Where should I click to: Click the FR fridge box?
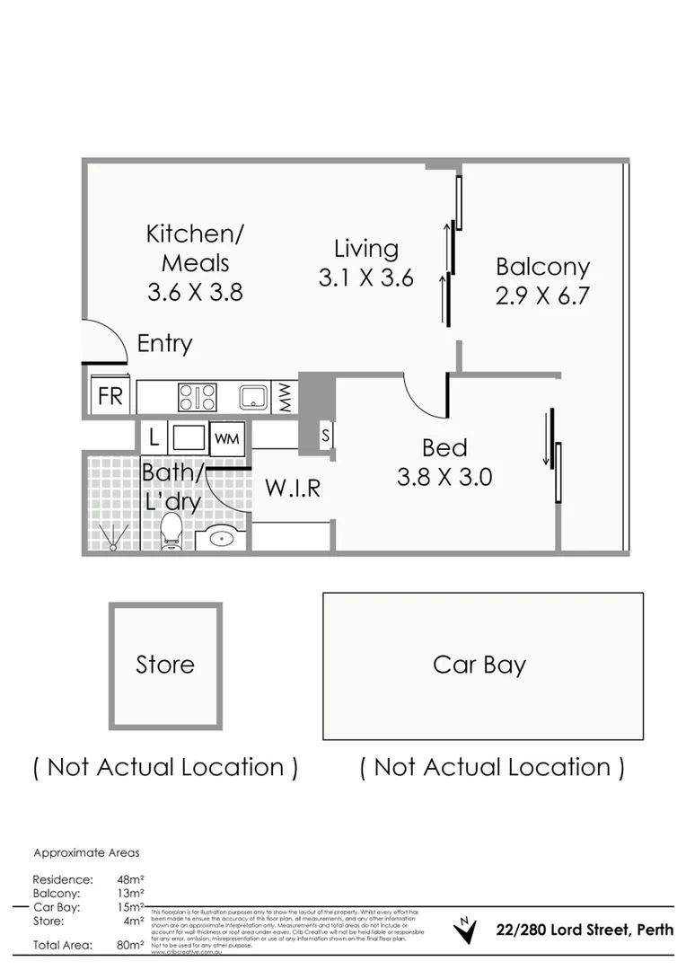(x=110, y=396)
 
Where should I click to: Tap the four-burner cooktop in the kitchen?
(x=197, y=397)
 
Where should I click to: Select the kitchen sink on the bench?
(x=253, y=397)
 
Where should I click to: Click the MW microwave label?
(x=285, y=397)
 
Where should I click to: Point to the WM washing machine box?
(x=226, y=438)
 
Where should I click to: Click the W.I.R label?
(x=292, y=489)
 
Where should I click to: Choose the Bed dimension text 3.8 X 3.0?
(x=444, y=477)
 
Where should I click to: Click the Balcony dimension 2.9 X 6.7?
(x=542, y=295)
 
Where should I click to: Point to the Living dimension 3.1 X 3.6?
(x=365, y=278)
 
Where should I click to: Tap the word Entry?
(x=164, y=343)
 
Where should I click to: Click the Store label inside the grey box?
(x=165, y=665)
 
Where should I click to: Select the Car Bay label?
(x=479, y=665)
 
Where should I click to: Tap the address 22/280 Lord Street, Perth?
(x=585, y=930)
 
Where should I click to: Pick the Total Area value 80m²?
(x=130, y=945)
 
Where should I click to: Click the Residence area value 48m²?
(x=130, y=879)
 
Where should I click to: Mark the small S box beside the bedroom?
(x=325, y=436)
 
